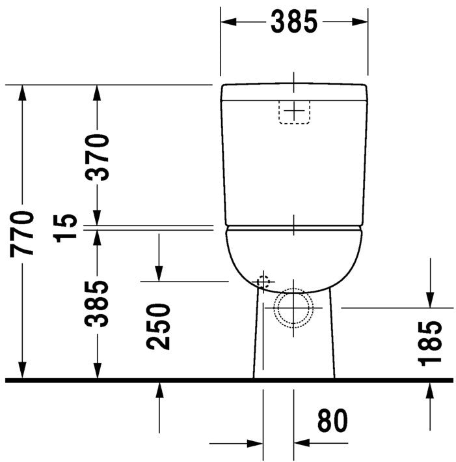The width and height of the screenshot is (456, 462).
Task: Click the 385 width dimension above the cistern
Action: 294,22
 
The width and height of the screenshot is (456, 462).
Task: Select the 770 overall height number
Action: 21,234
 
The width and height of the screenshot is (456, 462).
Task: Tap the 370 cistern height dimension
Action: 97,157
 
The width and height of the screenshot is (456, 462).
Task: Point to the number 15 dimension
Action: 65,228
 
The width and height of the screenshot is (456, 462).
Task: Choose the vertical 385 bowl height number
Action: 96,304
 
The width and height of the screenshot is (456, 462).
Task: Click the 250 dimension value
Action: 158,326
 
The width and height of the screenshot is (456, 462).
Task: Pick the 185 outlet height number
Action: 430,343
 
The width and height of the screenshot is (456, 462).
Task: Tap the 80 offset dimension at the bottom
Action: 332,420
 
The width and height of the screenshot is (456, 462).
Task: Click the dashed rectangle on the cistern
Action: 294,111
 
